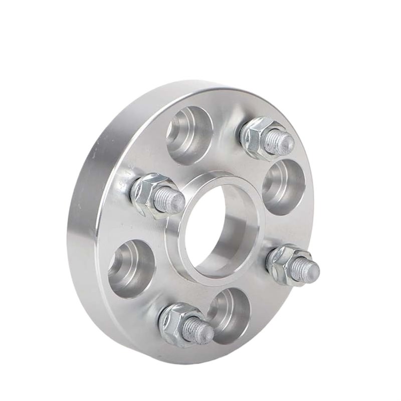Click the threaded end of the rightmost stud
[309, 271]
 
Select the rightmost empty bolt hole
[283, 186]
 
